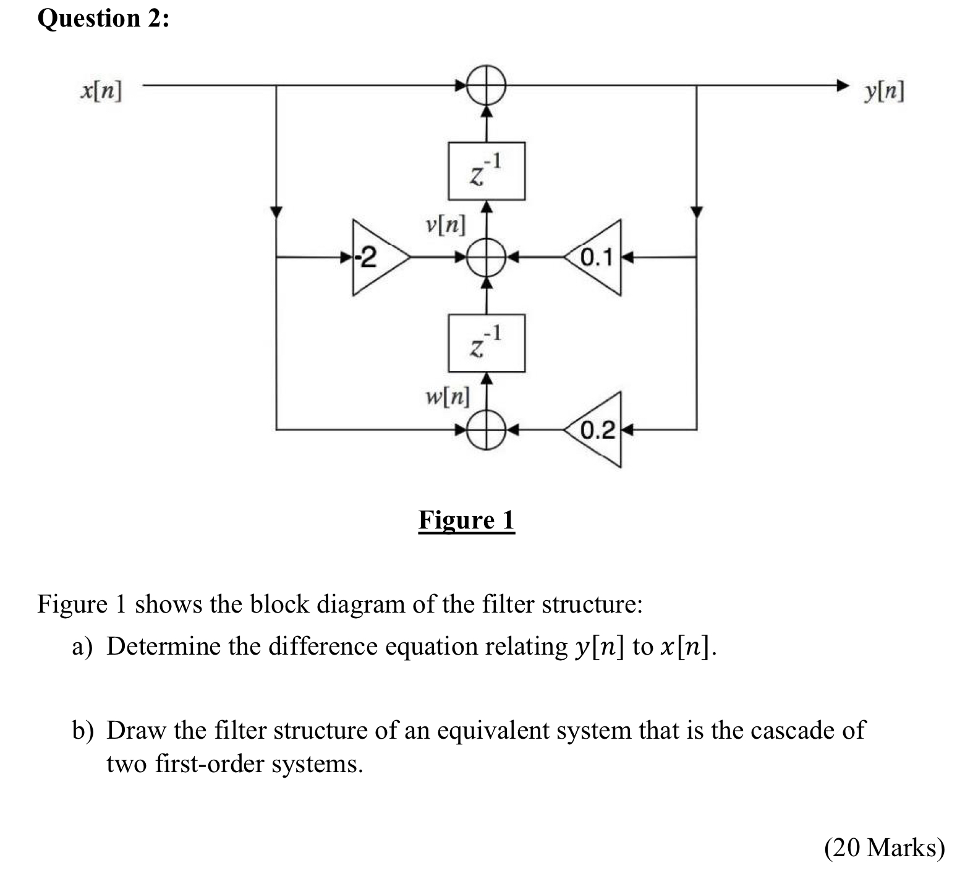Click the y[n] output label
click(885, 91)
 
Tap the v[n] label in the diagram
click(446, 224)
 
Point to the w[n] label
click(448, 396)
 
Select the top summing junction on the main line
click(487, 85)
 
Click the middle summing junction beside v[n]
click(487, 257)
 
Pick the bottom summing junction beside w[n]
click(487, 429)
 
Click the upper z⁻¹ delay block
click(487, 171)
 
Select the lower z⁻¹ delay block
click(487, 343)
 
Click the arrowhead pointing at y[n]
click(842, 85)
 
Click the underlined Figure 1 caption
click(466, 520)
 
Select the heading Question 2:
click(103, 19)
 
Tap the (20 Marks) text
click(884, 847)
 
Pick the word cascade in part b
click(791, 730)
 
